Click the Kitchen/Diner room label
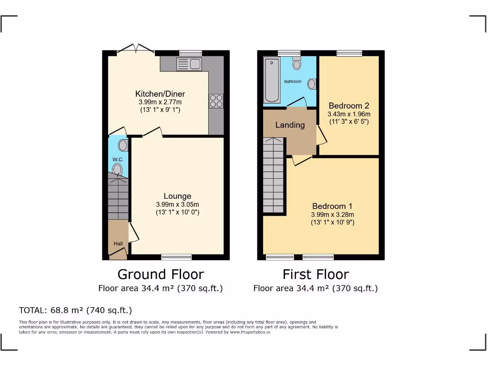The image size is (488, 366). click(x=160, y=94)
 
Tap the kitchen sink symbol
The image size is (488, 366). click(x=189, y=64)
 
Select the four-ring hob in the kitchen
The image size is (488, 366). click(x=216, y=101)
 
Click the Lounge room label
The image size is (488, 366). click(x=177, y=196)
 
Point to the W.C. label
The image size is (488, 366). click(x=118, y=159)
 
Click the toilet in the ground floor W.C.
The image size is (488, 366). click(x=118, y=169)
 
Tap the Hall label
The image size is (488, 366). click(x=118, y=244)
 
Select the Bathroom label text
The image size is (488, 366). click(x=293, y=81)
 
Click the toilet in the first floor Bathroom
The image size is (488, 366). click(x=297, y=63)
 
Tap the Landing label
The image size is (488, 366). click(x=290, y=125)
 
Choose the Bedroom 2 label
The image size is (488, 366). click(x=349, y=105)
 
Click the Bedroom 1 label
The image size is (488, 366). click(x=332, y=206)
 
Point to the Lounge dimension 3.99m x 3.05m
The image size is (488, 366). click(x=177, y=204)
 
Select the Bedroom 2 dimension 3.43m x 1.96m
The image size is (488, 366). click(x=349, y=114)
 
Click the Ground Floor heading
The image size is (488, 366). click(x=161, y=274)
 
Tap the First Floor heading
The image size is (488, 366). click(x=315, y=274)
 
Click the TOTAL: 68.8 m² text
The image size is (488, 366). click(x=75, y=310)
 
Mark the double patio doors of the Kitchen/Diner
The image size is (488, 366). click(x=136, y=49)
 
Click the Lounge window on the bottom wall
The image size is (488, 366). click(x=176, y=257)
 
